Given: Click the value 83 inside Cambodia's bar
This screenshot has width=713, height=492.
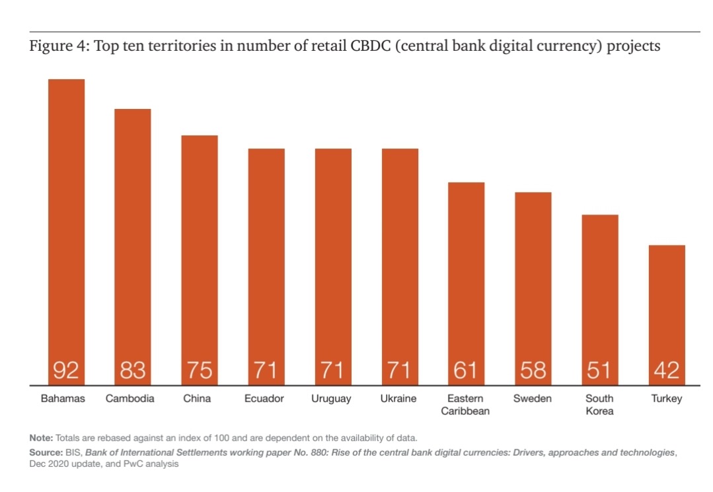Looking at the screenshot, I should click(x=133, y=370).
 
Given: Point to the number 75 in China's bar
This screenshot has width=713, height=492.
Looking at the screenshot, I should click(x=200, y=370).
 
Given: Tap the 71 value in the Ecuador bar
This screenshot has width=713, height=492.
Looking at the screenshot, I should click(x=266, y=370).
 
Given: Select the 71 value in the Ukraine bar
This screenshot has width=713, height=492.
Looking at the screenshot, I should click(x=400, y=370).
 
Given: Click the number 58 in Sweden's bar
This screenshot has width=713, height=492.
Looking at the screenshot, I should click(x=533, y=370).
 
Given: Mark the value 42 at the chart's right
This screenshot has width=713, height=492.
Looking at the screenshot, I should click(x=667, y=370).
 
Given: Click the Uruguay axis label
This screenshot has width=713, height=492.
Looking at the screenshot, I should click(x=332, y=399).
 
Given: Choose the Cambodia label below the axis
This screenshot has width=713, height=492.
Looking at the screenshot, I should click(x=130, y=399).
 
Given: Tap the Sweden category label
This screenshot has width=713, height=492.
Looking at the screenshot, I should click(x=533, y=399).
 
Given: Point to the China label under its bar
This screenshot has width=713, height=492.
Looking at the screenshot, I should click(x=198, y=399).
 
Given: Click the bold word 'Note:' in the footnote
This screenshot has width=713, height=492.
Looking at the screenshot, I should click(x=42, y=438).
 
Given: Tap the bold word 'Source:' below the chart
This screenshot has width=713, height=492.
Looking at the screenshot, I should click(x=46, y=452).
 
